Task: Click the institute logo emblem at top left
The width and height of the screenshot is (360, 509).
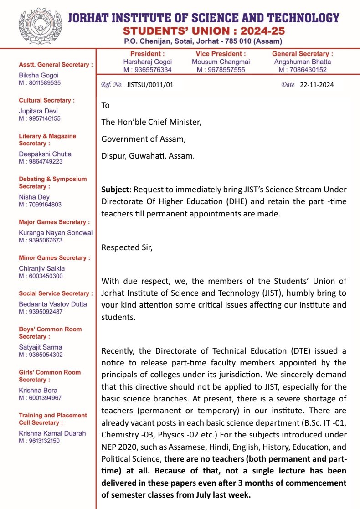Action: (40, 23)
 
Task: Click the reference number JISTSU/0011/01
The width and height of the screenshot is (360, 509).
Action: (150, 85)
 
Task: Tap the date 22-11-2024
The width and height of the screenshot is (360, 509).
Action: (317, 85)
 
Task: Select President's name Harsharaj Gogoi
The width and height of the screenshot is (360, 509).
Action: (148, 62)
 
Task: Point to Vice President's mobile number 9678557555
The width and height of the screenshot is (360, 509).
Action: (221, 70)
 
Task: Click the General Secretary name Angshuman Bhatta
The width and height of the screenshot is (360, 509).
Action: (303, 62)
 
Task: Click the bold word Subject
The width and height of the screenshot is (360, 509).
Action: (114, 189)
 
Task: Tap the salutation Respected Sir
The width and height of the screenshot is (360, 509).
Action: (127, 248)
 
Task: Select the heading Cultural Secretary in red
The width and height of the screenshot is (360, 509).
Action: (46, 100)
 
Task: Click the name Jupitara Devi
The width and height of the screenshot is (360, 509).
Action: (38, 111)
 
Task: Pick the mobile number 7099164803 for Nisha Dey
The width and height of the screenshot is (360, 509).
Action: (43, 205)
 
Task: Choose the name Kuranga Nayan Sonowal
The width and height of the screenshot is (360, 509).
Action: (56, 233)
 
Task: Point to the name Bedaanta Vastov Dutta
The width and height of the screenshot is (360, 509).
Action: (52, 304)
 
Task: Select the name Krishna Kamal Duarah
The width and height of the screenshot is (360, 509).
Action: (52, 433)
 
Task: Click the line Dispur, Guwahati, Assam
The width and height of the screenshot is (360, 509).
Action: (148, 156)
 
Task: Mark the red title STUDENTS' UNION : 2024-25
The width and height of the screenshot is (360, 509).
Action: (204, 32)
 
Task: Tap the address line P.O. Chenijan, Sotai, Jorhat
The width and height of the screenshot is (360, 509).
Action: (203, 41)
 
